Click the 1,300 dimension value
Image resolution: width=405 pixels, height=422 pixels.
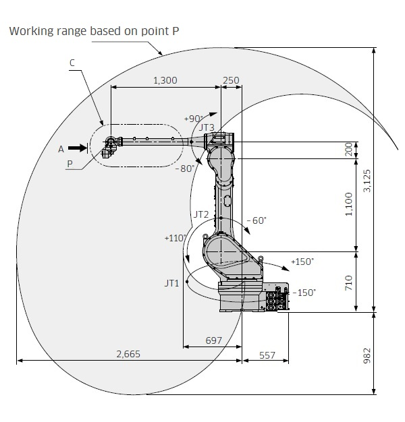tap(165, 80)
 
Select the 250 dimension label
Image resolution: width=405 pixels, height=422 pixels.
tap(231, 80)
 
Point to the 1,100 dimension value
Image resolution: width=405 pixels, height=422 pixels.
tap(349, 205)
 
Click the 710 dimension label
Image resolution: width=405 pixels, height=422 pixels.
tap(349, 282)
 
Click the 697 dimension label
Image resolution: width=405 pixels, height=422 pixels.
tap(213, 340)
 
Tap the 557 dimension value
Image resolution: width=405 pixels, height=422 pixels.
tap(267, 354)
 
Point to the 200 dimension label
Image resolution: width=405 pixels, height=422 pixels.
tap(349, 150)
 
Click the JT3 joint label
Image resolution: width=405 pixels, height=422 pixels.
tap(207, 127)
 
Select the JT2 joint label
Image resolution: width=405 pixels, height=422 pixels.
tap(201, 214)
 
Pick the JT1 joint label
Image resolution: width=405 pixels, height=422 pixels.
tap(171, 284)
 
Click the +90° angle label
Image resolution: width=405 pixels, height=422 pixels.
tap(192, 118)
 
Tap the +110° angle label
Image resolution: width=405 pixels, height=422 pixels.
tap(174, 238)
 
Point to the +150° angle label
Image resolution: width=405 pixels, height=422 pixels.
tap(302, 261)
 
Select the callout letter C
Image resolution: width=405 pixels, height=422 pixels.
tap(72, 63)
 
